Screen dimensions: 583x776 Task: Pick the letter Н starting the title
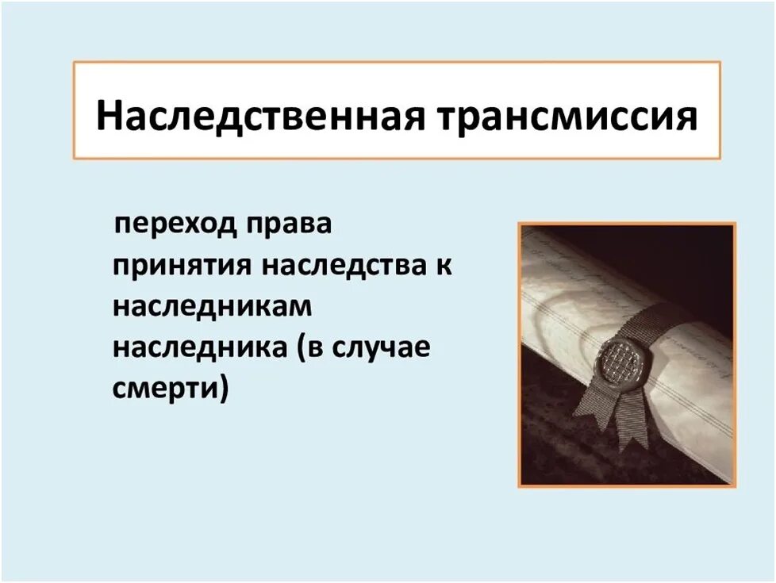110,116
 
